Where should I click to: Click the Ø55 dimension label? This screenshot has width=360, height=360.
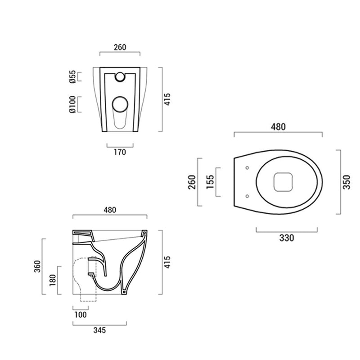(x=72, y=77)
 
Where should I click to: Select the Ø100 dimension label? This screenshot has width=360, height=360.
(x=72, y=104)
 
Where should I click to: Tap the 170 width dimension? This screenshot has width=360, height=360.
(x=120, y=152)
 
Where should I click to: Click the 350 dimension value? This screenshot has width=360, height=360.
(x=346, y=182)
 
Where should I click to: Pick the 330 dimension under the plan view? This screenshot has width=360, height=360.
(x=286, y=238)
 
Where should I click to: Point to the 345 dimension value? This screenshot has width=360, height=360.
(x=99, y=330)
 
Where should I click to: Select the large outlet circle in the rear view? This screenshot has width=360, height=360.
(x=120, y=104)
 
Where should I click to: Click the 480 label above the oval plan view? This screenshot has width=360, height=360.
(x=278, y=127)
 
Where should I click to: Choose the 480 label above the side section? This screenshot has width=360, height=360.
(x=110, y=210)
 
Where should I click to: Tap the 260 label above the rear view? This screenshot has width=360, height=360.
(x=120, y=47)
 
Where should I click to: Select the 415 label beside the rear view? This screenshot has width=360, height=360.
(x=167, y=99)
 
